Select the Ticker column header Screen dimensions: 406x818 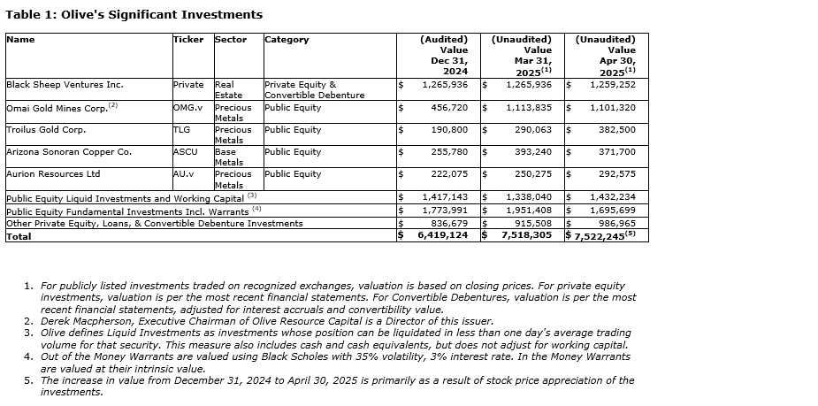187,40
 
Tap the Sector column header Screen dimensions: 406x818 230,40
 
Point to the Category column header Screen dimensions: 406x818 287,40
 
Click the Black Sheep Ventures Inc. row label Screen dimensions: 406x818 65,85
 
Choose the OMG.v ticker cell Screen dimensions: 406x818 187,108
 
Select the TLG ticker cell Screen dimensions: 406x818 181,130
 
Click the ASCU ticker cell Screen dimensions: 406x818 184,152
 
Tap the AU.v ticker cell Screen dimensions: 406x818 185,174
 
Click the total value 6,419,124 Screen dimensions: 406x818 442,236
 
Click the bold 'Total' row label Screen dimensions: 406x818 19,236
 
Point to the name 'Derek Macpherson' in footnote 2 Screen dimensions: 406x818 83,321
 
